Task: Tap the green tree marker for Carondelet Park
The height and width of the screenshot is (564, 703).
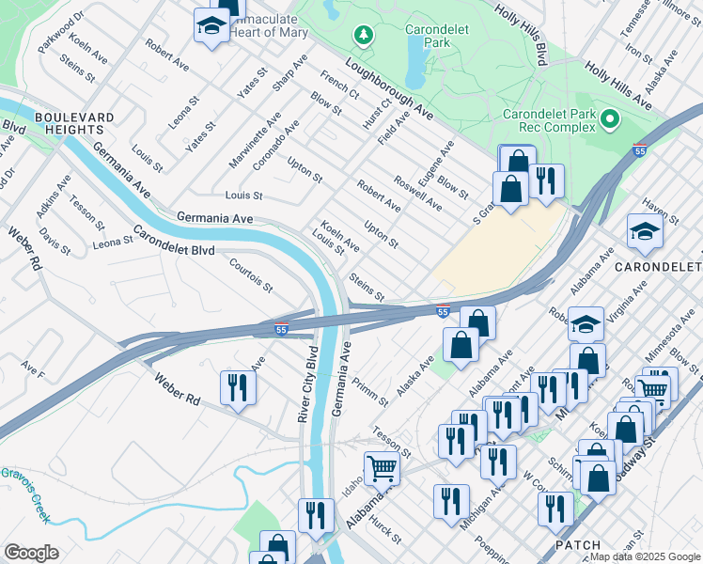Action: (364, 35)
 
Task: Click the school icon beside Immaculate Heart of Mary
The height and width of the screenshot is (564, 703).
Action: (212, 26)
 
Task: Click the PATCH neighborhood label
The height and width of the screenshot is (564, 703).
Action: (578, 545)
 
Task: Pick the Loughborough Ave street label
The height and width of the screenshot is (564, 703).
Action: (387, 89)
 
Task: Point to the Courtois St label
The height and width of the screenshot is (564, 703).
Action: (251, 274)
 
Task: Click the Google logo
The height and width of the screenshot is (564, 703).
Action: (31, 552)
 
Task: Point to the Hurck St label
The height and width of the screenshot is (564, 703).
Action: (384, 529)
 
